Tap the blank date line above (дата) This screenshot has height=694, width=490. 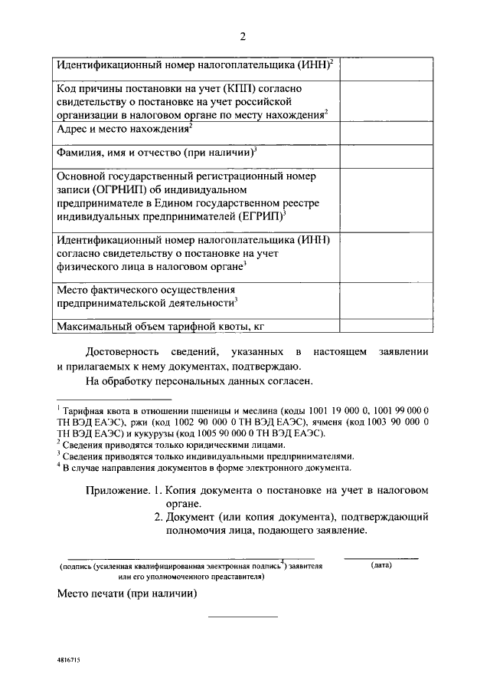(381, 558)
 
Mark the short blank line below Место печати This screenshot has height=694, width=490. (243, 616)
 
